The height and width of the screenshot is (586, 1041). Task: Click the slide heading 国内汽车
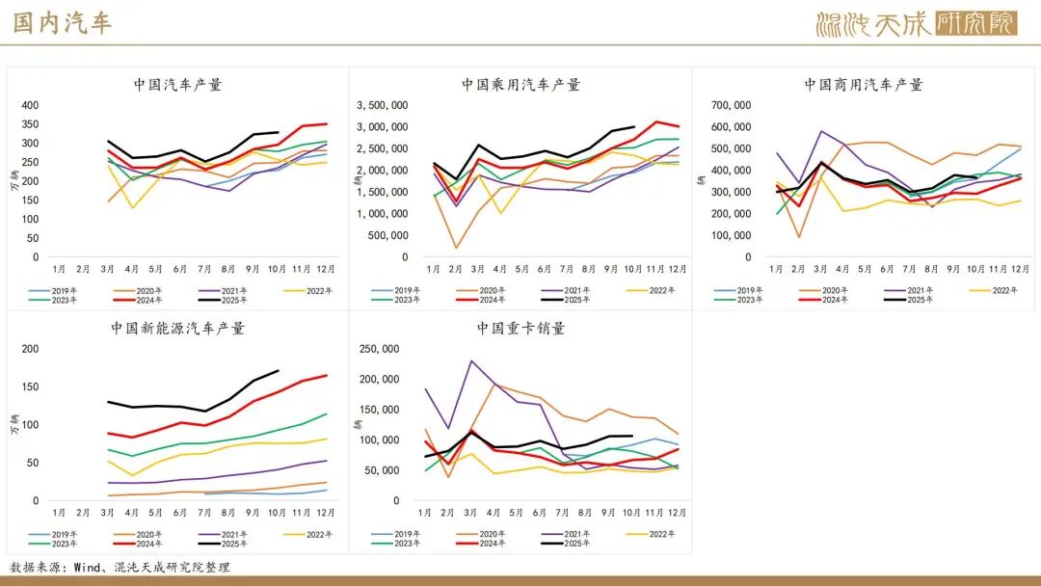[62, 23]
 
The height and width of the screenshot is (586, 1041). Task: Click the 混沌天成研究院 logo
[915, 23]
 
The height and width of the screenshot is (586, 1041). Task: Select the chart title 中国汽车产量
[178, 85]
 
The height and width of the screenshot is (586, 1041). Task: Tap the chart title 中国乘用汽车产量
[520, 85]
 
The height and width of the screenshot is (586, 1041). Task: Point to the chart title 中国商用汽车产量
[864, 85]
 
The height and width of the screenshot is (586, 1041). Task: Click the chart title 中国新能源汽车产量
[178, 329]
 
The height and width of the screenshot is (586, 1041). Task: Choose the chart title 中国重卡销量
[520, 329]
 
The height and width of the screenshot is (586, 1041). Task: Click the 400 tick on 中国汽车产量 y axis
[30, 105]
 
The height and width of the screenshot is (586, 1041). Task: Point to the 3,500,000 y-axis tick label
[382, 105]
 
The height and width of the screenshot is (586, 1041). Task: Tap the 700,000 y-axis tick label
[731, 105]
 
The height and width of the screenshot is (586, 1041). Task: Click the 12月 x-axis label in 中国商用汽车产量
[1021, 268]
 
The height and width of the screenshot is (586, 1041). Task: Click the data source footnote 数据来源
[120, 568]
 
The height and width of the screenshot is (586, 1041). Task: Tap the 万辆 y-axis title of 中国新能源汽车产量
[13, 424]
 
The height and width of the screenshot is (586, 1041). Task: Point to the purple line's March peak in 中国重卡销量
[471, 361]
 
